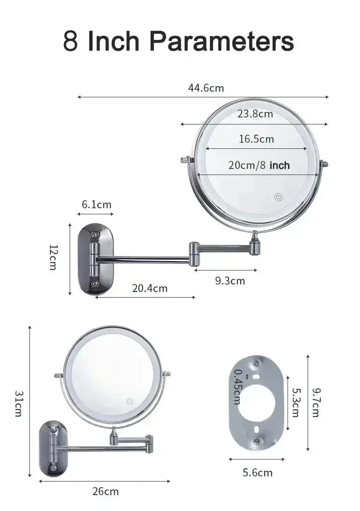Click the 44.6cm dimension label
click(206, 88)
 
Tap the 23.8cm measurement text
click(255, 114)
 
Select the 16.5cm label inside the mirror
click(256, 139)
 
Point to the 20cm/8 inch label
click(259, 165)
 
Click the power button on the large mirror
click(278, 197)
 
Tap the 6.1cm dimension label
click(96, 204)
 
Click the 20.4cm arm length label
click(150, 288)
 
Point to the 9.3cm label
click(230, 281)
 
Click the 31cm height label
click(18, 403)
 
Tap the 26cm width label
click(105, 491)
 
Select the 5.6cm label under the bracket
click(257, 473)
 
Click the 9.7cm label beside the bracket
click(316, 402)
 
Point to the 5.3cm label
click(295, 402)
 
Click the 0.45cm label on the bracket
click(237, 387)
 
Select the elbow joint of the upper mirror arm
click(194, 253)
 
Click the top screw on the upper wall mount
click(95, 234)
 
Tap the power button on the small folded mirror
click(129, 401)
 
